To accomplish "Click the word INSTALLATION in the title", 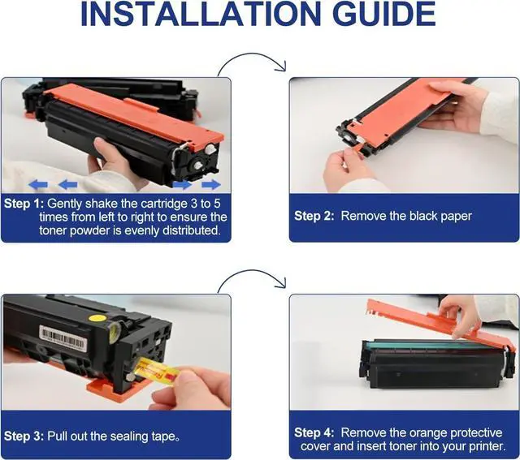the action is (201, 14).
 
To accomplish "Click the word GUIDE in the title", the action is (384, 14).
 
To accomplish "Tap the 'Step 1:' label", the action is (24, 204).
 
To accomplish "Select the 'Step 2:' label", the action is (314, 216).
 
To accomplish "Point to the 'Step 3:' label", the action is (24, 436).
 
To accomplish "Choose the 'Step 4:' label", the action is (314, 432).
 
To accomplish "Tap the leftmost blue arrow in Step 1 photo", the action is (38, 185).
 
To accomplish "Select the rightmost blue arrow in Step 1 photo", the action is (211, 184).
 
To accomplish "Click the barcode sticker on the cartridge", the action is (63, 337).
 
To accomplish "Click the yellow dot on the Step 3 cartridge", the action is (97, 318).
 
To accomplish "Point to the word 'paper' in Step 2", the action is (456, 217).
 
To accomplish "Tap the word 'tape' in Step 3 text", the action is (163, 436).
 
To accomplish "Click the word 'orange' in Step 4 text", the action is (428, 433).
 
